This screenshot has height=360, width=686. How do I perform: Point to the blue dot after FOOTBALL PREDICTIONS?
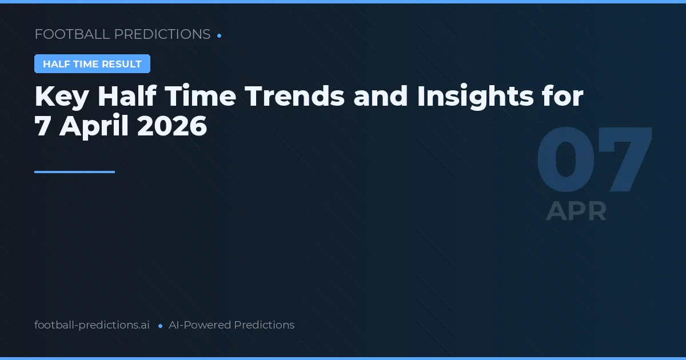pos(220,35)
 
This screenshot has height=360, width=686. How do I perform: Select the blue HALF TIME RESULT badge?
pos(92,64)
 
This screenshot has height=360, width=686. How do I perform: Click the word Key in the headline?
pos(61,97)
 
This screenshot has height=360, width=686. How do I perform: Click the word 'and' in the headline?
pos(380,97)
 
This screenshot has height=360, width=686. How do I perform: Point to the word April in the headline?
pos(94,126)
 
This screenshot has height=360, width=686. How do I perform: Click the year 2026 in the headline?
pos(172,126)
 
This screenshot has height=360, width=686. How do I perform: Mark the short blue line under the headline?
pos(74,171)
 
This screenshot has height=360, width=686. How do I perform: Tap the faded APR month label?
pos(576,211)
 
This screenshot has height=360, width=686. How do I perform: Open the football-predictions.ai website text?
pos(92,325)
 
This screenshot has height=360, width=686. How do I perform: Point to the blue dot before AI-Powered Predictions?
pos(160,326)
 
